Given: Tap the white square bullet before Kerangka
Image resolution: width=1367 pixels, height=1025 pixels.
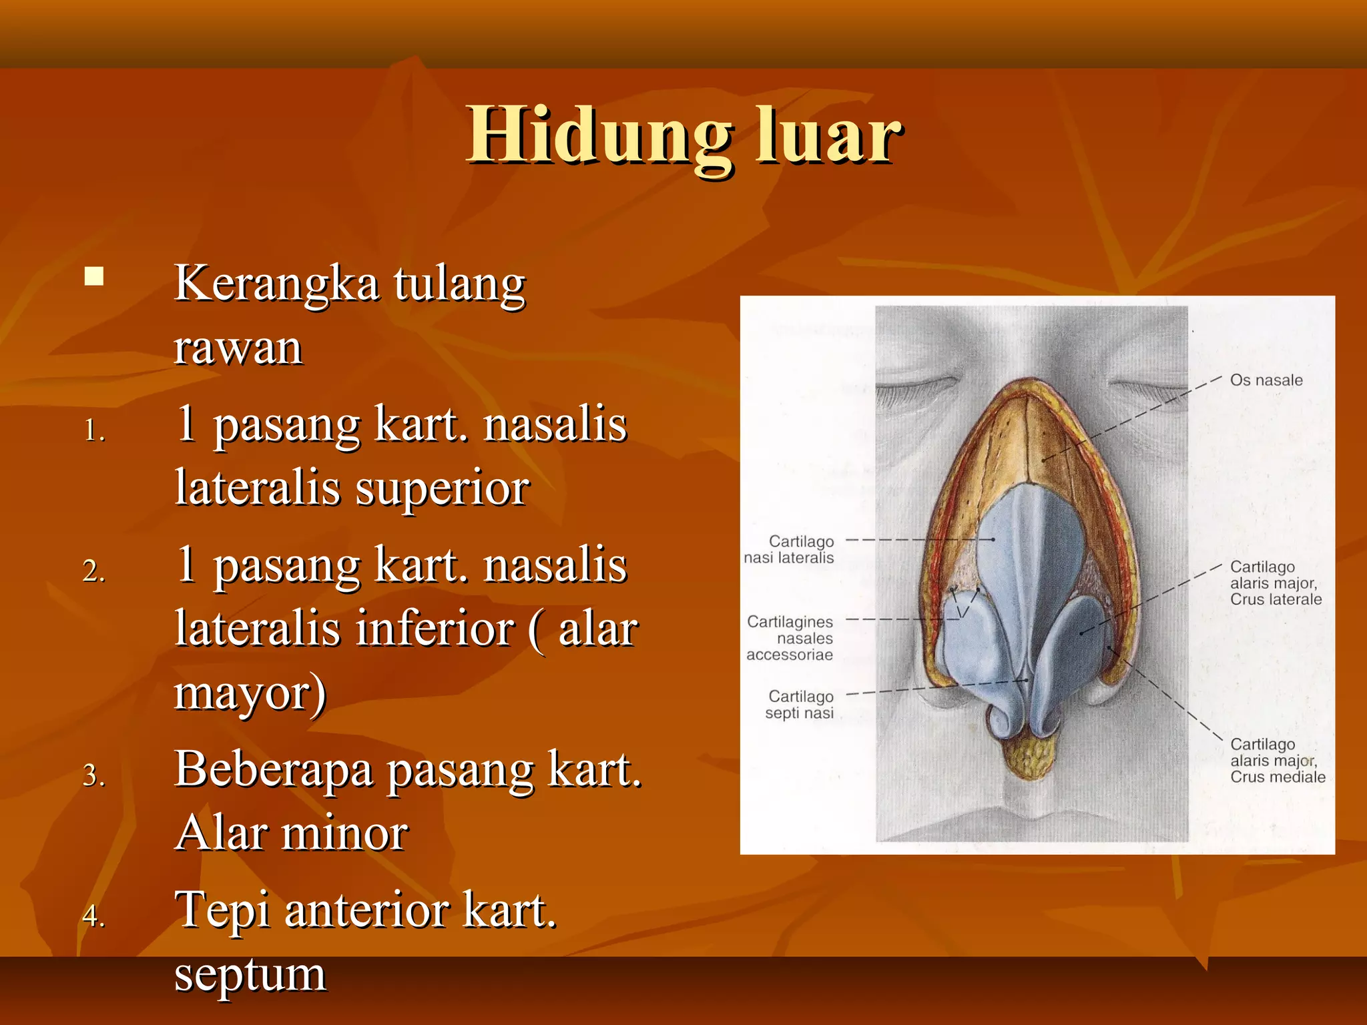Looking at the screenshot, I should click(x=94, y=276).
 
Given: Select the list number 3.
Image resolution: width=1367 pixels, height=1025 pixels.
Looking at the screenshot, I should click(x=94, y=775).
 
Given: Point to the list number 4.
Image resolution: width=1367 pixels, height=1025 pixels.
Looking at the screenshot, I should click(x=94, y=915).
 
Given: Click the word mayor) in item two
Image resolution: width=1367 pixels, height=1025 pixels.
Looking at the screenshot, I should click(x=250, y=693).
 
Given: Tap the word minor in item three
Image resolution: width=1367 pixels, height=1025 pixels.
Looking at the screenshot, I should click(x=344, y=833).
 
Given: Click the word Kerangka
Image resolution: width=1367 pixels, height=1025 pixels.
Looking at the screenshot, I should click(x=276, y=284).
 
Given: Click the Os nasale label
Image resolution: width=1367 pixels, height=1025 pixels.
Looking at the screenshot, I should click(x=1266, y=380).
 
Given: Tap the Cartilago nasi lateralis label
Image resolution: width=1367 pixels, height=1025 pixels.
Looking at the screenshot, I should click(x=790, y=550).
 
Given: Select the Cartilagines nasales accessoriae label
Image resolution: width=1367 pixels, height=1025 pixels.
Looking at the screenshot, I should click(x=790, y=638).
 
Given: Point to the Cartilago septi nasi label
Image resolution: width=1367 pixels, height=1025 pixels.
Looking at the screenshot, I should click(x=800, y=705).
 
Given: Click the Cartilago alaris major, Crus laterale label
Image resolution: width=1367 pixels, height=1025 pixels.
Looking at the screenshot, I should click(x=1275, y=583).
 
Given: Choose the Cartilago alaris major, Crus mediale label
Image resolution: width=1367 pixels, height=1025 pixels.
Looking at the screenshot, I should click(x=1276, y=761).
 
